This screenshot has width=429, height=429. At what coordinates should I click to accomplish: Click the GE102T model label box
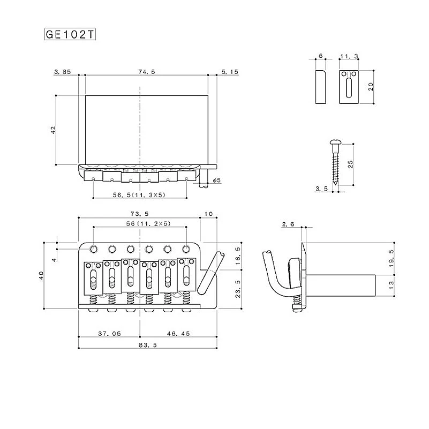pos(70,34)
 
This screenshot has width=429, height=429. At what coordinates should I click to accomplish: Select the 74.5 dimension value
pos(147,72)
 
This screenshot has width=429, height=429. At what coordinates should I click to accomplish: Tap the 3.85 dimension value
pos(63,72)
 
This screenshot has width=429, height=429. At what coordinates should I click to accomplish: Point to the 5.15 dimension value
pos(230,72)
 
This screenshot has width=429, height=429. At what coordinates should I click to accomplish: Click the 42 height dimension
pos(54,130)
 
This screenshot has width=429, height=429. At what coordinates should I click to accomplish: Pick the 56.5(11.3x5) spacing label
pos(139,195)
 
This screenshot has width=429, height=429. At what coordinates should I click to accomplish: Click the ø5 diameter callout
pos(217,180)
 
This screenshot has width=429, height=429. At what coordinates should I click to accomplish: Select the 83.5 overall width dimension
pos(148,345)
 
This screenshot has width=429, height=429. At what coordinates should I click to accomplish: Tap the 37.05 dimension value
pos(109,334)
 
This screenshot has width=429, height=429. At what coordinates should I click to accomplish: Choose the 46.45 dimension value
pos(178,334)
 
